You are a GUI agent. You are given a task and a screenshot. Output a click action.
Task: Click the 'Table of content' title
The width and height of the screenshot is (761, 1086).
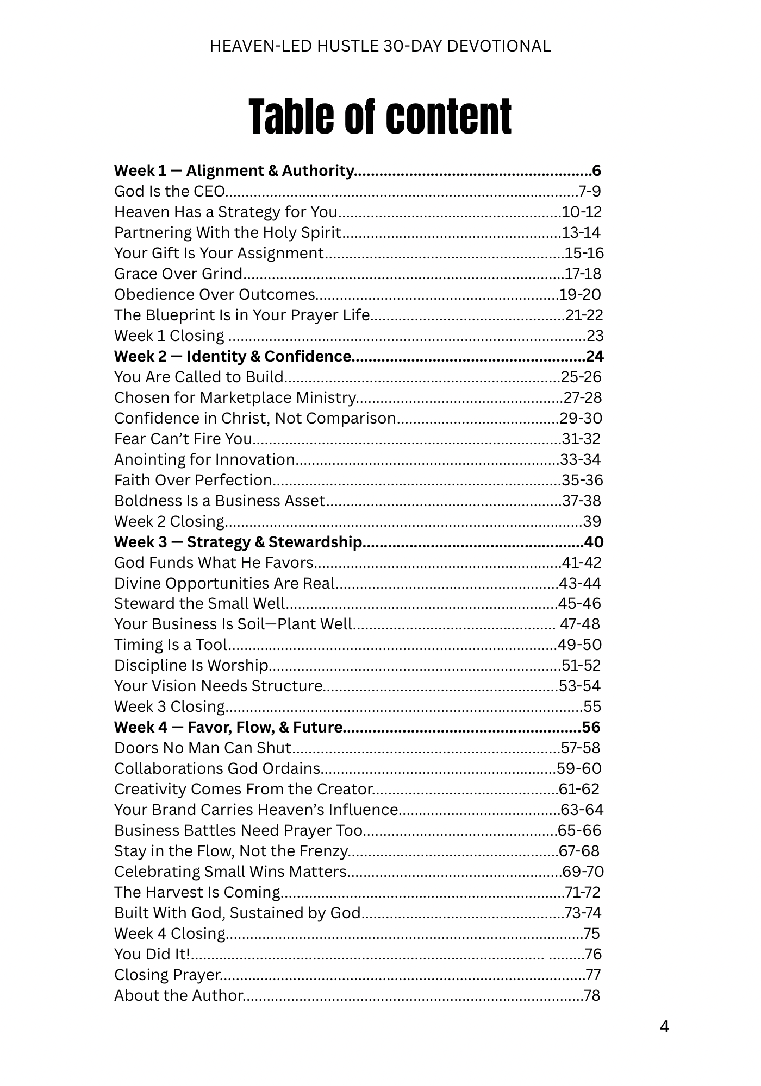coord(380,117)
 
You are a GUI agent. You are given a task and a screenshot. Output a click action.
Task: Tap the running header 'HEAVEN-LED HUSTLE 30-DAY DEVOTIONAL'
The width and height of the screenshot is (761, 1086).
coord(380,47)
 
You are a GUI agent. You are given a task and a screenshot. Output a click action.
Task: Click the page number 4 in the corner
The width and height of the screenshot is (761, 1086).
coord(664,1027)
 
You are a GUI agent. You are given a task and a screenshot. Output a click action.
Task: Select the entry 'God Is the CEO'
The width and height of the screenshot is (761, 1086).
coord(169,192)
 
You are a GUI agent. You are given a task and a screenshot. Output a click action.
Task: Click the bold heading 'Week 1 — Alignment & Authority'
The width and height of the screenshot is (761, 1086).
coord(234,171)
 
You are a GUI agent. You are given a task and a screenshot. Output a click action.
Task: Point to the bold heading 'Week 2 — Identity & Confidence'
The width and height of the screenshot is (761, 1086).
coord(233,357)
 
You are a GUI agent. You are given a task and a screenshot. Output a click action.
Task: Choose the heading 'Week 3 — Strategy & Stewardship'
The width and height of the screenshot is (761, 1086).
coord(238,542)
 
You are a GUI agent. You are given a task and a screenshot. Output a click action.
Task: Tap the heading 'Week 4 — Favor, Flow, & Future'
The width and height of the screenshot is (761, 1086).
coord(228,728)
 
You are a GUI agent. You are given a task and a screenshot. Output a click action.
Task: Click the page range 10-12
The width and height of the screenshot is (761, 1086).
coord(582,212)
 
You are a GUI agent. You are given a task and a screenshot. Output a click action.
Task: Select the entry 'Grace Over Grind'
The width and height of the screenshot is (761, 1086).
coord(178,274)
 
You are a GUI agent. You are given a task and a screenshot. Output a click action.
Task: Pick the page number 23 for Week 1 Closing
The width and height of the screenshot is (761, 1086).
coord(595,336)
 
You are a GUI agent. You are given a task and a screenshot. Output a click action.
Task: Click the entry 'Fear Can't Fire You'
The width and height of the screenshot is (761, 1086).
coord(183,439)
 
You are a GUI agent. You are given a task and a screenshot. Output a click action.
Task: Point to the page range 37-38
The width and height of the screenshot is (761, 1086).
coord(582,501)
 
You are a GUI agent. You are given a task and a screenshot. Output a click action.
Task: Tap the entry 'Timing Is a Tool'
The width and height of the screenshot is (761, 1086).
coord(171,645)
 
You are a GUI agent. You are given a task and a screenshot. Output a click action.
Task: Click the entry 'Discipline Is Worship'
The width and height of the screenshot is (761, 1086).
coord(191,666)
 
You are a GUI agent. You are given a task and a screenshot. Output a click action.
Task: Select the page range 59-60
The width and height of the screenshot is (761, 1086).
coord(579,769)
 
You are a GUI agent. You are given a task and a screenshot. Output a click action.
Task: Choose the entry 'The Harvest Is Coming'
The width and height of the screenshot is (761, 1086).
coord(197,893)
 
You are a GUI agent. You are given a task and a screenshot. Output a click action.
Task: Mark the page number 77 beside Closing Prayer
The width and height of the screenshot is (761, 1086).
coord(593,975)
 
